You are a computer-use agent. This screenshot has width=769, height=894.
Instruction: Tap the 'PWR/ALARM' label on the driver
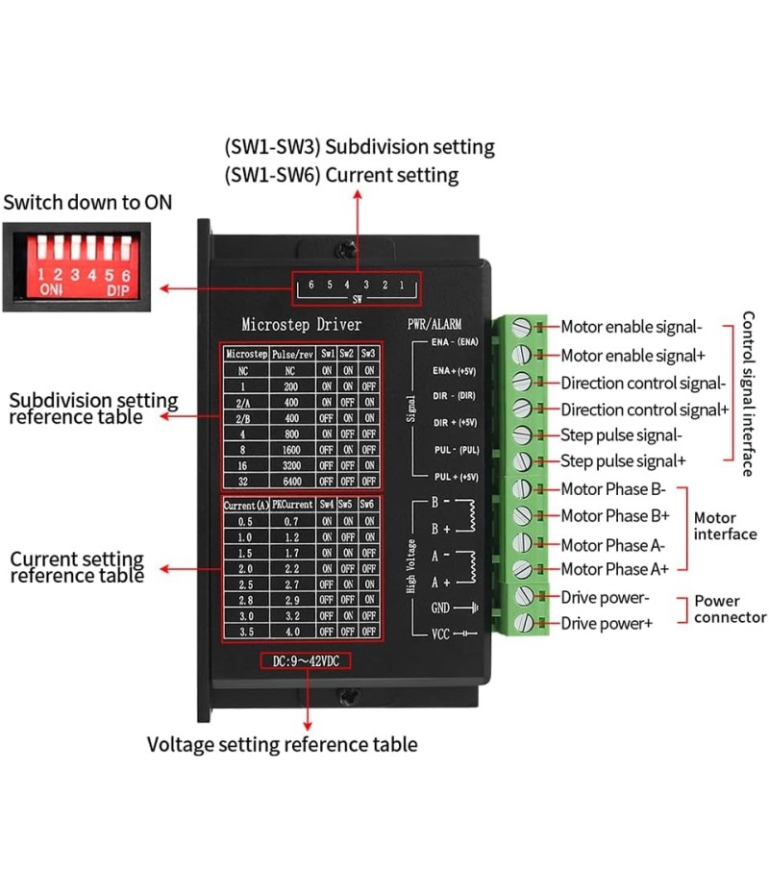(x=434, y=325)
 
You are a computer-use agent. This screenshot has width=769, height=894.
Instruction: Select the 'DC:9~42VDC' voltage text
(x=306, y=660)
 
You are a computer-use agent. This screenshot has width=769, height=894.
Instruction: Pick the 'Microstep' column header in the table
(x=245, y=354)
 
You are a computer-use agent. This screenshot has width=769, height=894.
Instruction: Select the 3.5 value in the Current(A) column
(x=245, y=631)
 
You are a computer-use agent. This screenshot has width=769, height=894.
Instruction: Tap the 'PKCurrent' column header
(x=288, y=505)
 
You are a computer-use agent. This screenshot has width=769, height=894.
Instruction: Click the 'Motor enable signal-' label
(x=632, y=328)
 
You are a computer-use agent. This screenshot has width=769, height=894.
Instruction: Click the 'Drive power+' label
(x=607, y=624)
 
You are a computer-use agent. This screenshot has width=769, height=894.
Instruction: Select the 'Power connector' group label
(x=730, y=609)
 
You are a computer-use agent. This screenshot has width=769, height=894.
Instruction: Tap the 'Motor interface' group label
(x=725, y=526)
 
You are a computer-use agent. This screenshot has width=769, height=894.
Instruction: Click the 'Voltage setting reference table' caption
(x=282, y=744)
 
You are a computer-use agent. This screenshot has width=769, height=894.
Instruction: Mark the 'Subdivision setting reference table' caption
(x=93, y=409)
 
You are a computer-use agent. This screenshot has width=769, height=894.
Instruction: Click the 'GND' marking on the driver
(x=440, y=608)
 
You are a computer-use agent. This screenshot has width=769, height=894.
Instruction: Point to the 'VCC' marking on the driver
(x=440, y=633)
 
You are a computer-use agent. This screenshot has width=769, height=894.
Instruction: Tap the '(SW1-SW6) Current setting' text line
(x=341, y=175)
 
